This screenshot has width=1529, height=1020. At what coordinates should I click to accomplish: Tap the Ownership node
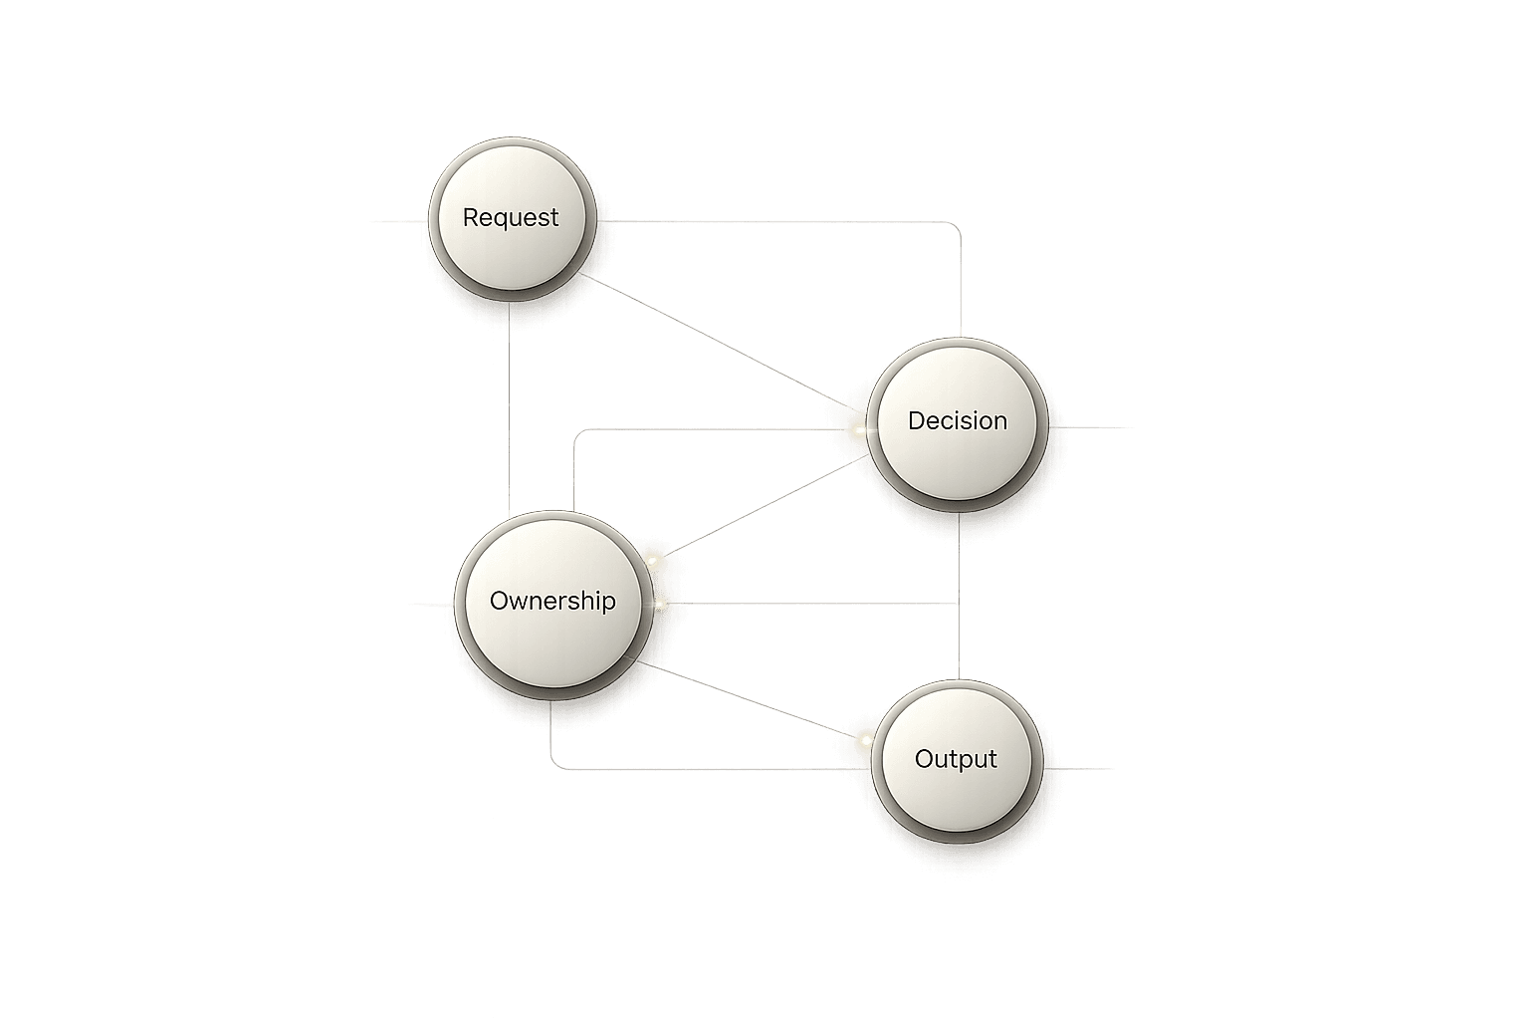coord(552,602)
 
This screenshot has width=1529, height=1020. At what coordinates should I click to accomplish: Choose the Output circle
coord(956,759)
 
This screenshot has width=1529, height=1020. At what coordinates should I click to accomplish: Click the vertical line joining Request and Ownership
coord(510,408)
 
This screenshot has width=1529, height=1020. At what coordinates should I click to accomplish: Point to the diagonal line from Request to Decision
coord(717,339)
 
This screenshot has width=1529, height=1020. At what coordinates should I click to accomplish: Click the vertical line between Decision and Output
coord(958,637)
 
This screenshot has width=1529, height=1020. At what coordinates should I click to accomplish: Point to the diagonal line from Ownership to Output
coord(747,704)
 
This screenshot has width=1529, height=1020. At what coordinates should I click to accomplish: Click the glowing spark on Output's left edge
coord(865,740)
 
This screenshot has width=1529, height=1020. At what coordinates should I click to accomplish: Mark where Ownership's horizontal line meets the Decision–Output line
coord(958,604)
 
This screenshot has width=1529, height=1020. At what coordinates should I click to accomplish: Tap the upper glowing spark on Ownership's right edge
coord(653,561)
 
